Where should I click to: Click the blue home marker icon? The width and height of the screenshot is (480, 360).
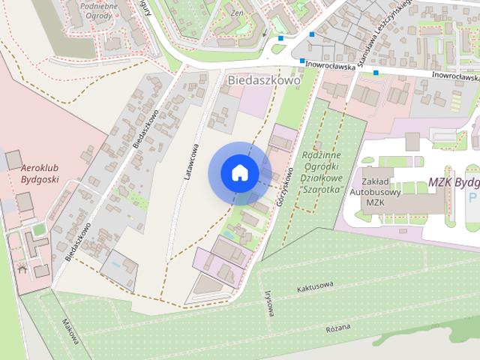tap(239, 172)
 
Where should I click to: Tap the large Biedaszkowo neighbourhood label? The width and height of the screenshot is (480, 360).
tap(263, 80)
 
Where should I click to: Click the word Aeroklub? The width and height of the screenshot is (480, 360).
tap(40, 169)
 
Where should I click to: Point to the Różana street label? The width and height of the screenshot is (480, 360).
tap(337, 328)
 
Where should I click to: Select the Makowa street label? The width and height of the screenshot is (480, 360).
tap(70, 332)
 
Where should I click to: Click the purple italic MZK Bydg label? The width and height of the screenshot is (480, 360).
tap(453, 182)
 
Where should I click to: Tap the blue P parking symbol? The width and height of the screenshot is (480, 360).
tap(472, 197)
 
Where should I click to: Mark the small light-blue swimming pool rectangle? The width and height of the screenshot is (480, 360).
tap(114, 265)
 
